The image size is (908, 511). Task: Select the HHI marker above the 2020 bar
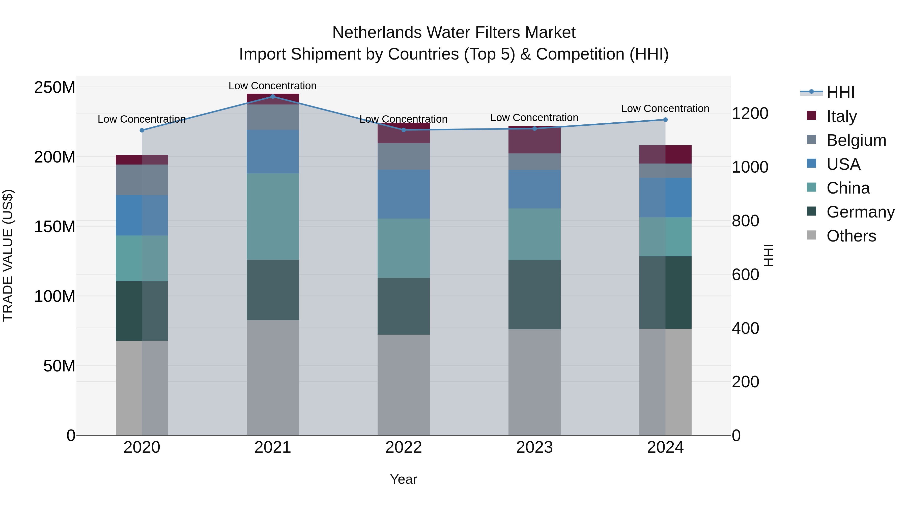point(142,130)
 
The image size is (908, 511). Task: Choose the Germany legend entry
point(860,212)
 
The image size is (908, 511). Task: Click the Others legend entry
point(851,236)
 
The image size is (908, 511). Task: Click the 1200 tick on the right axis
point(750,113)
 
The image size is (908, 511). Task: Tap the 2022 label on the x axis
point(403,447)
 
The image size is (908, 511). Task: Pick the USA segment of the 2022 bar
point(403,194)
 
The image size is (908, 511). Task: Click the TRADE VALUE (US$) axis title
point(8,255)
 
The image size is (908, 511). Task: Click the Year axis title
point(403,479)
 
